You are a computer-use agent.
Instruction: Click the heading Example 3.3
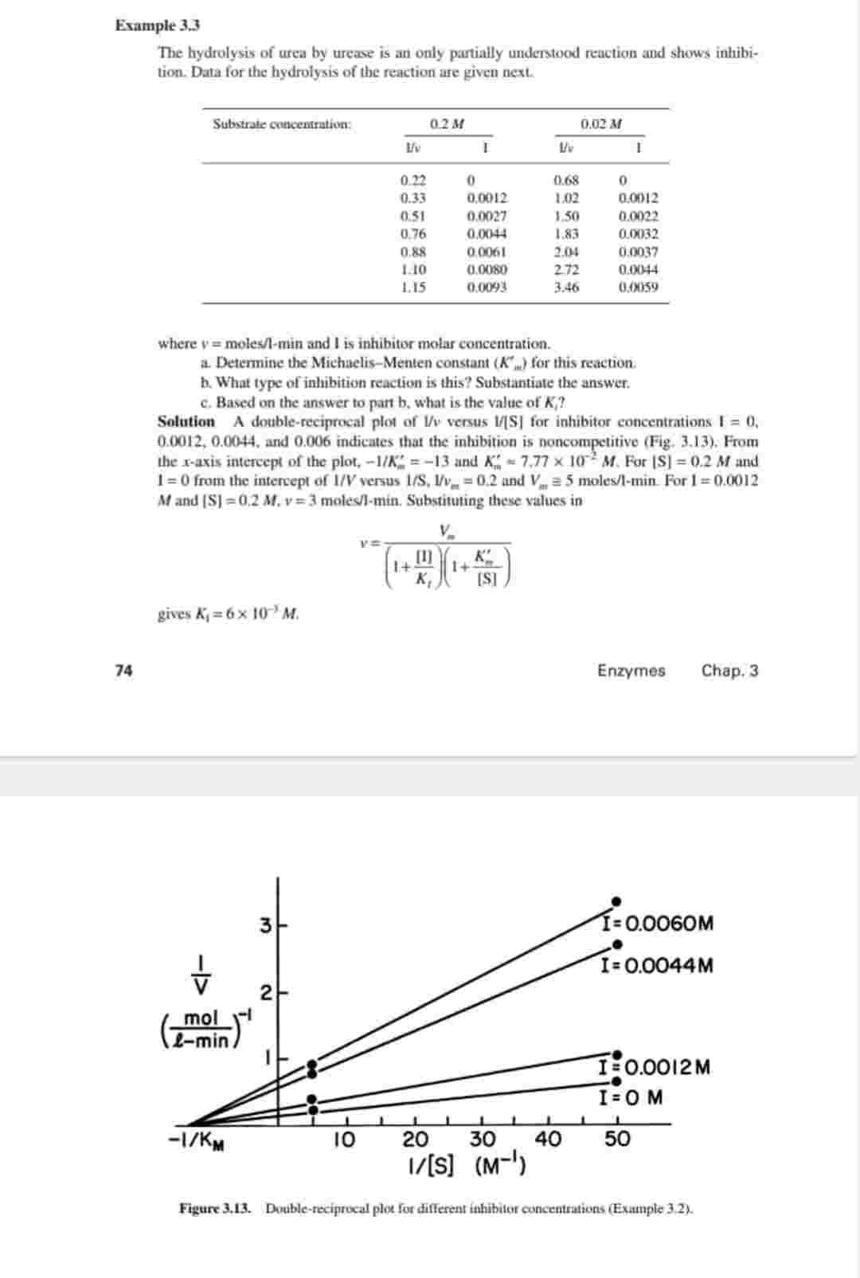[157, 25]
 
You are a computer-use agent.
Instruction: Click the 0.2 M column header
[447, 123]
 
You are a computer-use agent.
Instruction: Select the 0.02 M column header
[600, 123]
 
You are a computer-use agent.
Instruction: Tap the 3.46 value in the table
[565, 287]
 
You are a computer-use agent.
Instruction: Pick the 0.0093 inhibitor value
[487, 287]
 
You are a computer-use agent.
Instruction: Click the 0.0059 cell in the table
[639, 287]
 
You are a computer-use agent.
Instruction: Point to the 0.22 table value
[412, 180]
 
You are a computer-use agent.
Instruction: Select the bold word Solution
[186, 422]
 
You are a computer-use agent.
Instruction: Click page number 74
[123, 670]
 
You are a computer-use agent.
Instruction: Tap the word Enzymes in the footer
[631, 670]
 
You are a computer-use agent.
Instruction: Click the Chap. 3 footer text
[729, 670]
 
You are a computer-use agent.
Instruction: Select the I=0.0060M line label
[659, 924]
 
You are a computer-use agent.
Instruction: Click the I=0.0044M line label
[658, 966]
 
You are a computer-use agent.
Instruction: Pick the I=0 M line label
[631, 1097]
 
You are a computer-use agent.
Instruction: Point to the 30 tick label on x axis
[481, 1139]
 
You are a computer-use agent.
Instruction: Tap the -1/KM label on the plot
[195, 1140]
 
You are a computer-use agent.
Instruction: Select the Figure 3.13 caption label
[215, 1209]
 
